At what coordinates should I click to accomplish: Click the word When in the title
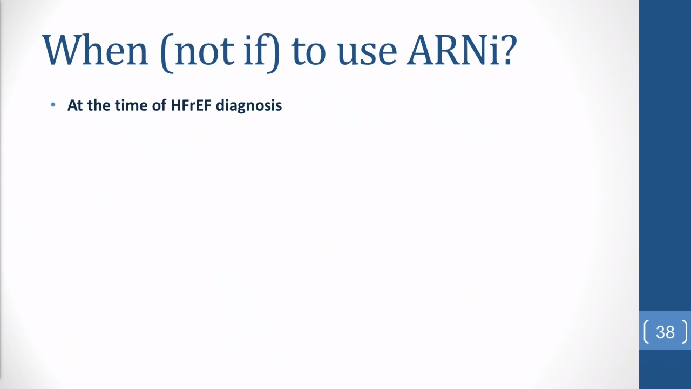pos(96,50)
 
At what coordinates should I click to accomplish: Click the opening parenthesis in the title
pos(167,53)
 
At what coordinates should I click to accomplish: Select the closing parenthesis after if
pos(274,53)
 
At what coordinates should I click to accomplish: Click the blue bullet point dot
pos(53,105)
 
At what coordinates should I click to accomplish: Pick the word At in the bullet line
pos(75,105)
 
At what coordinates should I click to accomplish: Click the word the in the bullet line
pos(99,105)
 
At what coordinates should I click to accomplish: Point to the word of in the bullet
pos(159,105)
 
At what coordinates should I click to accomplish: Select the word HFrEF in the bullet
pos(191,105)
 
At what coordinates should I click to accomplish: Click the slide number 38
pos(666,332)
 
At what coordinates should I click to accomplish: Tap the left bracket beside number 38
pos(646,332)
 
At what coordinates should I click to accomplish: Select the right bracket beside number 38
pos(685,332)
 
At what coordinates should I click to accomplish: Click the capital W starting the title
pos(61,50)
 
